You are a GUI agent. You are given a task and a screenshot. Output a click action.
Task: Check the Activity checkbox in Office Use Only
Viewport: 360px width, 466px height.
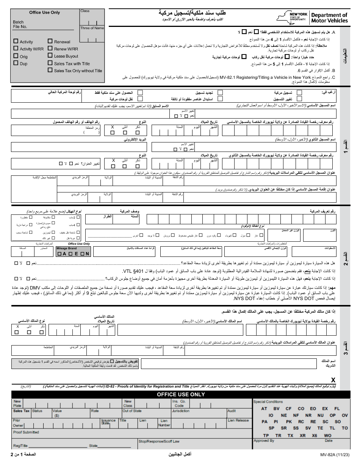(x=16, y=42)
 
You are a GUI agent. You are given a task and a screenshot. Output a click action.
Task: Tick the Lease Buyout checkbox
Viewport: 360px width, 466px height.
(x=50, y=56)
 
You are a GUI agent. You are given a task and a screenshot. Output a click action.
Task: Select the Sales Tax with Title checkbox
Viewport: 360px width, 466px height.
(x=50, y=63)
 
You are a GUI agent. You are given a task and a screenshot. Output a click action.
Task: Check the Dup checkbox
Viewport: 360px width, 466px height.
(x=16, y=63)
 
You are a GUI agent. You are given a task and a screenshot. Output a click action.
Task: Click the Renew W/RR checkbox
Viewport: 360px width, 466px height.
(x=50, y=49)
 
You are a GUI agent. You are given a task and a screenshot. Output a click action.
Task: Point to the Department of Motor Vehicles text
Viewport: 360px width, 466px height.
(x=329, y=18)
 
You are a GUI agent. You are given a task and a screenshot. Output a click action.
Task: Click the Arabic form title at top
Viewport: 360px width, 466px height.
(x=185, y=13)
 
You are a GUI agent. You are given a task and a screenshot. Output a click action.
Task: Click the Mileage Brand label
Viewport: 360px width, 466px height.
(x=67, y=249)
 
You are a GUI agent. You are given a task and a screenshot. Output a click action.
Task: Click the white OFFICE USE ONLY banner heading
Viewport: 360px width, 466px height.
(x=181, y=394)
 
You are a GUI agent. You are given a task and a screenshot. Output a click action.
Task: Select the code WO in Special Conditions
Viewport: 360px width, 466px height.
(x=327, y=436)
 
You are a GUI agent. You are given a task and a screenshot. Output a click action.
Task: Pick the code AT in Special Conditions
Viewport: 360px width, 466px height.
(x=264, y=409)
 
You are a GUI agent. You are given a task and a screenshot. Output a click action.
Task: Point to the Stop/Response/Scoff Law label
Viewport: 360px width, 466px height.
(x=159, y=441)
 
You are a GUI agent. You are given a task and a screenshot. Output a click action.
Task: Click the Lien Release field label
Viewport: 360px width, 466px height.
(x=238, y=420)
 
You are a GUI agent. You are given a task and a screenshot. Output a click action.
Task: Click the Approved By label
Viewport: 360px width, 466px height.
(x=264, y=441)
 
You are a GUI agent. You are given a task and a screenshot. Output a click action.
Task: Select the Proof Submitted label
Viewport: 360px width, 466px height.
(x=26, y=432)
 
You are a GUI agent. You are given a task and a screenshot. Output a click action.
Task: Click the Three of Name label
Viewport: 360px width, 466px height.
(x=92, y=28)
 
